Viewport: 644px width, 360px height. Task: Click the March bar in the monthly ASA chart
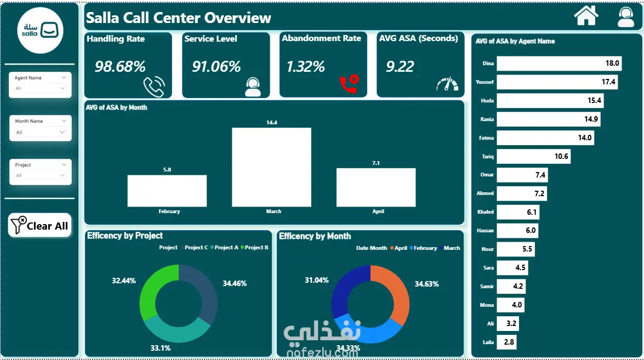click(x=271, y=167)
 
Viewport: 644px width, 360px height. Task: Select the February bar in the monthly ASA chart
click(x=167, y=191)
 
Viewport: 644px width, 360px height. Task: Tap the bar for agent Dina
click(x=559, y=63)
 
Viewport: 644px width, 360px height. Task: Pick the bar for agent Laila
click(x=506, y=342)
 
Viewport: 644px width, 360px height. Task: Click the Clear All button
click(x=40, y=225)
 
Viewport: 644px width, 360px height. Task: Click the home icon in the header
click(x=586, y=16)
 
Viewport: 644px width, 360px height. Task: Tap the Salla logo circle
click(x=40, y=30)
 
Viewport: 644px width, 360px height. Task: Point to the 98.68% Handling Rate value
click(x=120, y=66)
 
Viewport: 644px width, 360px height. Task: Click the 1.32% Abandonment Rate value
click(x=306, y=66)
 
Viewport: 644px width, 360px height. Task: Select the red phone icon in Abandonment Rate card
click(x=349, y=84)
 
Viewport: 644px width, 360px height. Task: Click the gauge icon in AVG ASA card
click(x=447, y=84)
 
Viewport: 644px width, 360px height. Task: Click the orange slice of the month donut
click(x=397, y=294)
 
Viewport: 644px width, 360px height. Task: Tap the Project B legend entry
click(x=255, y=248)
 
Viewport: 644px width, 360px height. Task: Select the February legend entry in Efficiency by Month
click(x=424, y=248)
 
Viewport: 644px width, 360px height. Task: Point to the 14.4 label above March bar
click(x=271, y=122)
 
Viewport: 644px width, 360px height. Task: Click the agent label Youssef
click(x=485, y=82)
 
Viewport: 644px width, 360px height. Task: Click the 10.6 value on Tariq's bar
click(x=561, y=156)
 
